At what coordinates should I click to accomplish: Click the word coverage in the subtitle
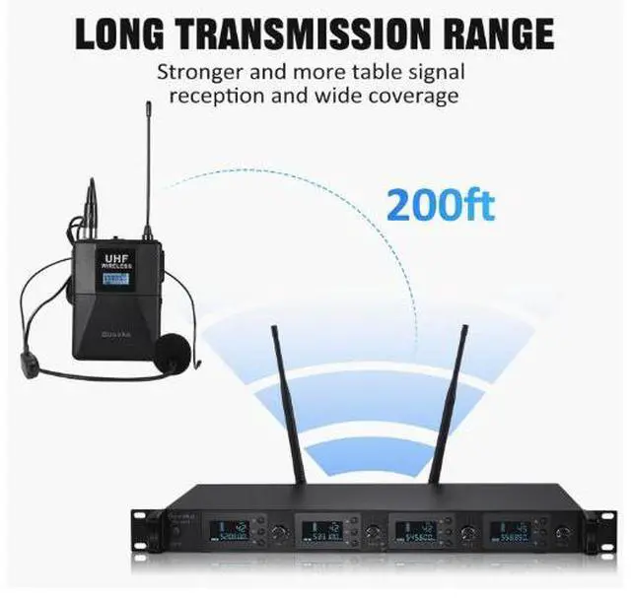(417, 96)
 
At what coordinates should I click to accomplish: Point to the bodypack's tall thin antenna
(147, 167)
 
